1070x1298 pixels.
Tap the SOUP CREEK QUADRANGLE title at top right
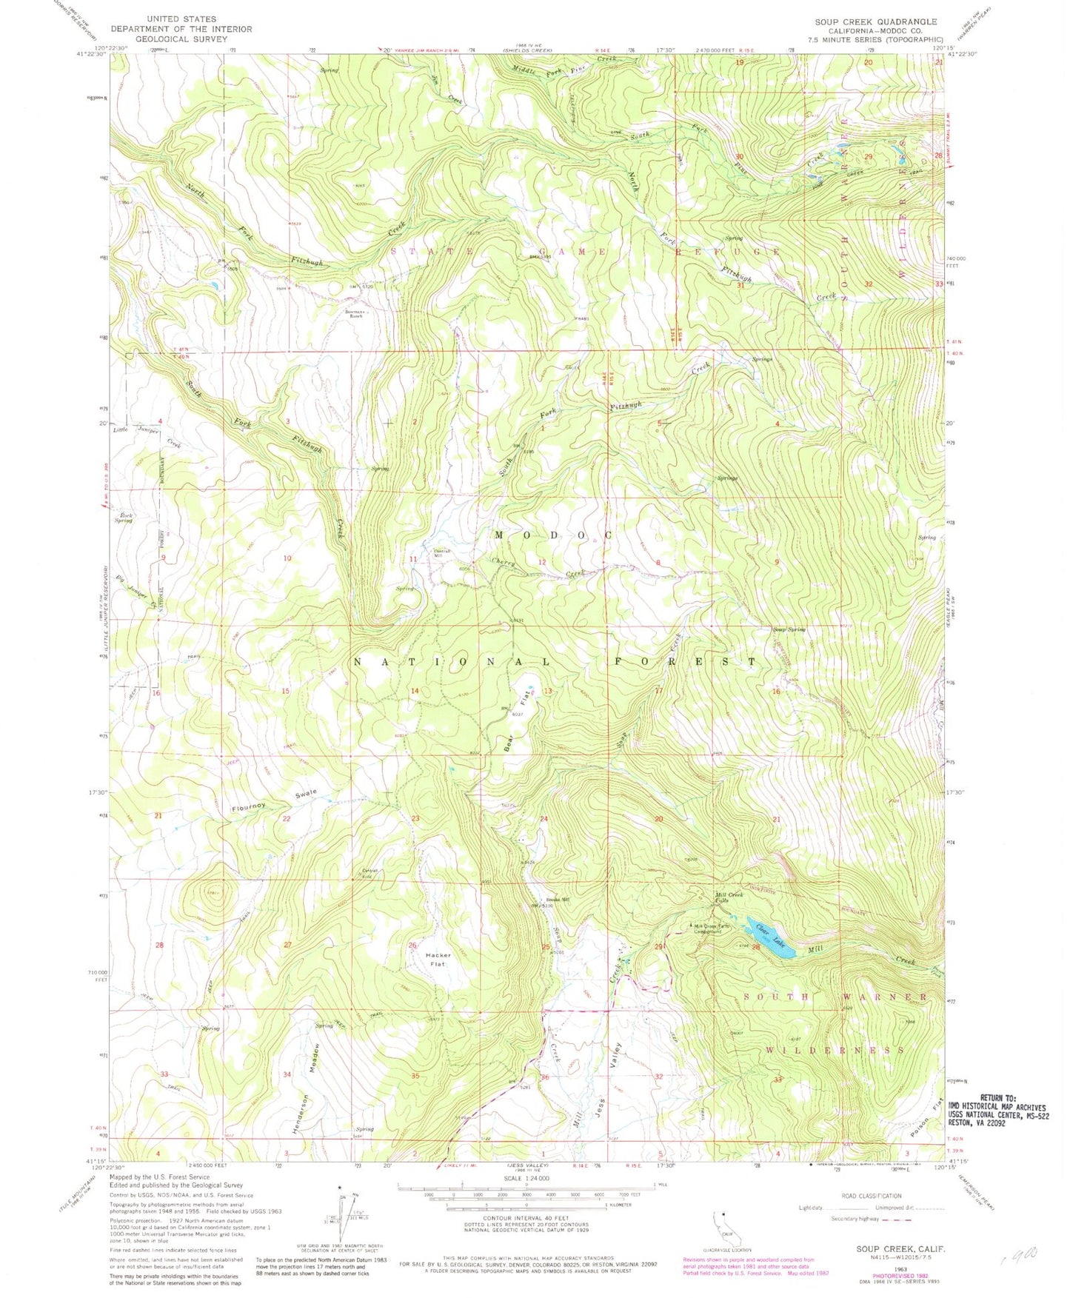click(x=876, y=21)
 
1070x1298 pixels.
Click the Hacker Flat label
click(x=438, y=960)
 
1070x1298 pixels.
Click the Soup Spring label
click(x=789, y=629)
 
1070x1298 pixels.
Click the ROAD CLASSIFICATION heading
click(x=872, y=1196)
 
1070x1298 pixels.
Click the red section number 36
click(x=545, y=1077)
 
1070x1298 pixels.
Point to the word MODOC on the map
click(x=553, y=535)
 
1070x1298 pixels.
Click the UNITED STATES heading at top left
click(x=181, y=19)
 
